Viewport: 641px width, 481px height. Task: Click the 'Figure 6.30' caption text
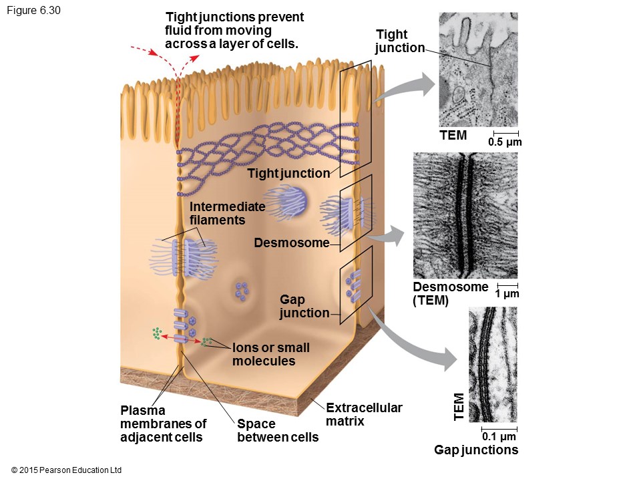click(x=33, y=11)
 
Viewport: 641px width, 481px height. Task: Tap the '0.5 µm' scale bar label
click(x=505, y=142)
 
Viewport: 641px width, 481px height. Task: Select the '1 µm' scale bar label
click(x=507, y=294)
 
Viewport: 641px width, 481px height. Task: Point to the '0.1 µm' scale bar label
click(x=499, y=437)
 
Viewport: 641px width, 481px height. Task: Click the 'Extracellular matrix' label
click(x=364, y=414)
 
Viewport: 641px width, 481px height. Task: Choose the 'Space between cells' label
click(x=278, y=431)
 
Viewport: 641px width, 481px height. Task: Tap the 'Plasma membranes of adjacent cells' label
click(x=164, y=424)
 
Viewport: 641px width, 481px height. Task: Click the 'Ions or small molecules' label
click(x=270, y=354)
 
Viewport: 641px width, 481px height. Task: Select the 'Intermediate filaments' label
click(x=227, y=213)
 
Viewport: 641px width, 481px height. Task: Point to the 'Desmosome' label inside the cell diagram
click(x=292, y=243)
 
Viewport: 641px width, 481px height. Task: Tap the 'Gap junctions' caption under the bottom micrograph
click(x=476, y=450)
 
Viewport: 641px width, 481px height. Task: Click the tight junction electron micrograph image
click(x=478, y=69)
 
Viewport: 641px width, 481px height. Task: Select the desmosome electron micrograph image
click(x=465, y=215)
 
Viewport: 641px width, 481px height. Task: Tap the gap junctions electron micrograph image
click(x=493, y=364)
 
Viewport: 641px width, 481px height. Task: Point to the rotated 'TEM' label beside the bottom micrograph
click(x=459, y=407)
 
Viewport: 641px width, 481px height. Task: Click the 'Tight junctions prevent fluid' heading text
click(x=234, y=31)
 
